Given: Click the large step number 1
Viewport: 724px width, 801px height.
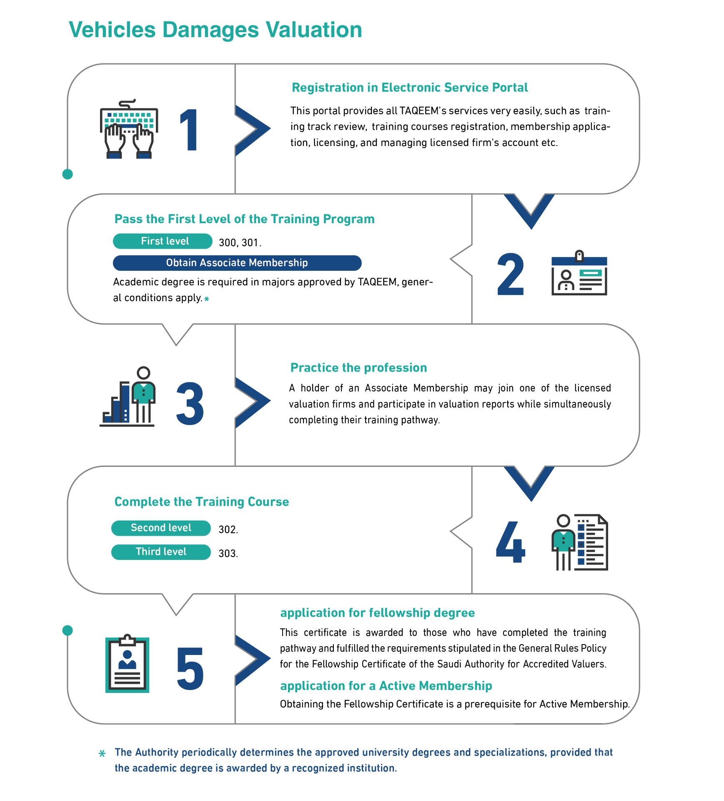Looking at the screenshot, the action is point(189,130).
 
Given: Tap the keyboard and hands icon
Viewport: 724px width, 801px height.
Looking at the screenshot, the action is point(129,129).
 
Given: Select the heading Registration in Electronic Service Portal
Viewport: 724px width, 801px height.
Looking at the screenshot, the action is point(410,88).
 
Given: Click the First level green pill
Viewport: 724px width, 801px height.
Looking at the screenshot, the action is point(163,241).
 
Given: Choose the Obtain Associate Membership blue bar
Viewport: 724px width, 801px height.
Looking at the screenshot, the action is point(237,263).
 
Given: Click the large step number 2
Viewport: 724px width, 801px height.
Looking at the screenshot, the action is point(511,274).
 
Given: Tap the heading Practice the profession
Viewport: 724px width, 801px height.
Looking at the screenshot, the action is point(358,368).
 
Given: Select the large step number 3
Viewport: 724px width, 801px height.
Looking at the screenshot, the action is point(190,404).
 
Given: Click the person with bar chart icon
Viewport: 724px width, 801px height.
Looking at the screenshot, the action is point(128,396).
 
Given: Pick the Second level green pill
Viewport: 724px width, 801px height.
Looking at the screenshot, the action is point(161,528).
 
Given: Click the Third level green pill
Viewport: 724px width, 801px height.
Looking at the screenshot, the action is point(161,552).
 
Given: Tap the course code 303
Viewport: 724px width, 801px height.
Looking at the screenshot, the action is point(228,554).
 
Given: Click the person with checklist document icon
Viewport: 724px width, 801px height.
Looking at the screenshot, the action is point(579,542).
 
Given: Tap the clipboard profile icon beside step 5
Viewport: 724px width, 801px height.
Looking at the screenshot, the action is point(127,664).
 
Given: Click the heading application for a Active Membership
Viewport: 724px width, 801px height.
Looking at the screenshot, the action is point(386,686).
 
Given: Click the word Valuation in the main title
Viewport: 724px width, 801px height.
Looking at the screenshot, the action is point(314,30).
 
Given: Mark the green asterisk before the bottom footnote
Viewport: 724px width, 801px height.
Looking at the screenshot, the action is point(102,753).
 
